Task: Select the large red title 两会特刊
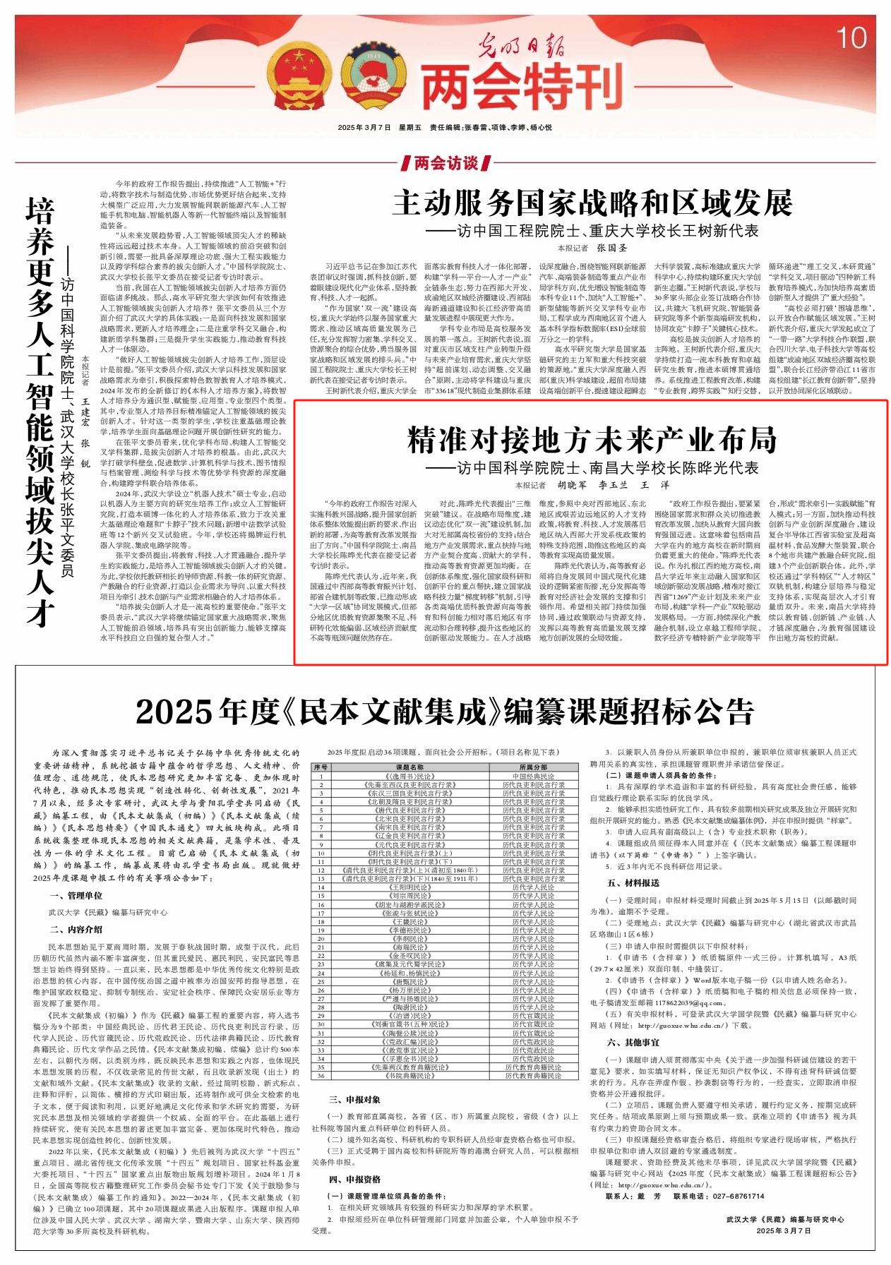click(x=522, y=85)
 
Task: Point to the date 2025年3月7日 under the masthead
click(x=364, y=128)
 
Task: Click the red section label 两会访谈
click(x=445, y=163)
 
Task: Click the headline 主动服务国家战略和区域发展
click(x=592, y=203)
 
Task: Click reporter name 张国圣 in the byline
click(x=612, y=248)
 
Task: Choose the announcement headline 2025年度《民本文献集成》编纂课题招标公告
click(x=445, y=712)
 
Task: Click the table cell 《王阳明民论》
click(x=409, y=887)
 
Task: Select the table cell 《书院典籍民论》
click(x=409, y=1076)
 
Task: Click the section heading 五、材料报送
click(x=632, y=883)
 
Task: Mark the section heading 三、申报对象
click(x=354, y=1099)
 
